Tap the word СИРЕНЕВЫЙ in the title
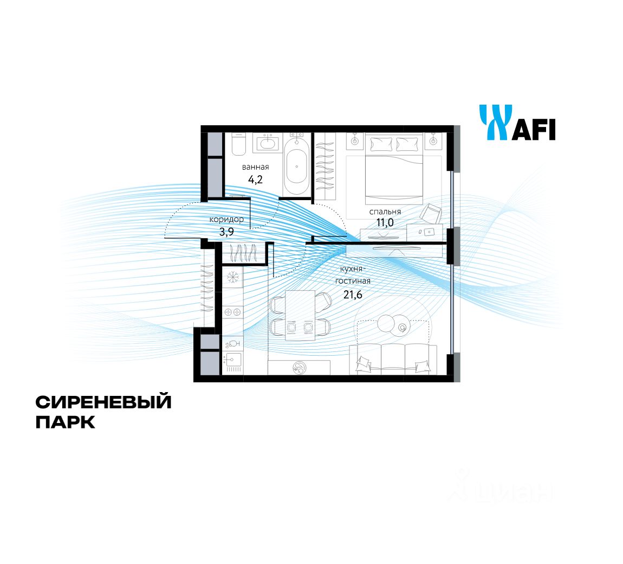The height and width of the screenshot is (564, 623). (103, 402)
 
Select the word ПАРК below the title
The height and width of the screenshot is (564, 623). (66, 422)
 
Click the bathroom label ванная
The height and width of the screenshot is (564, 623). (256, 167)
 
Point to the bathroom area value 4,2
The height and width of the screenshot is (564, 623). (256, 180)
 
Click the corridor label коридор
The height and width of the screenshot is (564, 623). (226, 219)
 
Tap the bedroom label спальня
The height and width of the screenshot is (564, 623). (385, 211)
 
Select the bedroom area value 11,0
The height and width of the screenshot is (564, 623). (385, 222)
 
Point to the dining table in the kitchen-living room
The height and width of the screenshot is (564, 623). (300, 315)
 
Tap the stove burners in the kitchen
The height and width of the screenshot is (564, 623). (233, 312)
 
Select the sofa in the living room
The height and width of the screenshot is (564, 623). (393, 359)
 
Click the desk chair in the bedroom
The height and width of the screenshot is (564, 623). (432, 213)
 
